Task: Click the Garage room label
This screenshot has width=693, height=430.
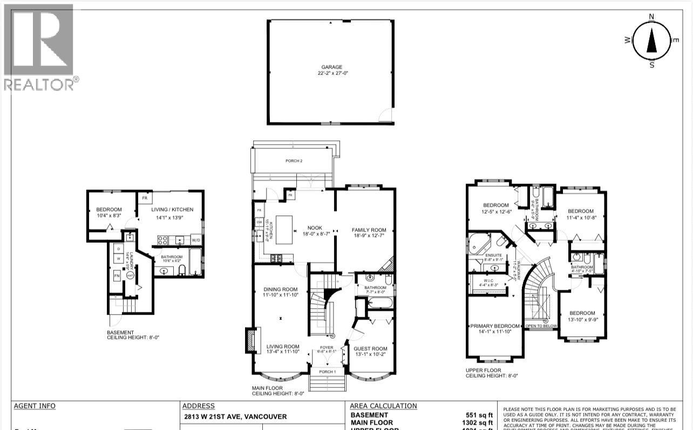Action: click(331, 67)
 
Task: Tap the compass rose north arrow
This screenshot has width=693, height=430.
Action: click(651, 40)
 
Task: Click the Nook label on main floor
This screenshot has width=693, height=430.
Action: click(315, 228)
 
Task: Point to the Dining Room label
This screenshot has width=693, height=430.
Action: click(280, 289)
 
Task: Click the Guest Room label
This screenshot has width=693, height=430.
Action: click(370, 349)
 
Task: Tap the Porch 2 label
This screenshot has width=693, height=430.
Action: click(294, 161)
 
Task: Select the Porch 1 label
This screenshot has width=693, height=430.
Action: click(327, 371)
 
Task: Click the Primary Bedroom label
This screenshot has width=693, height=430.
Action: click(495, 326)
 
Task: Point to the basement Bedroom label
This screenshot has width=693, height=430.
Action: click(109, 210)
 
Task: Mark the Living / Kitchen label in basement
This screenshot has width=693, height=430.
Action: click(172, 210)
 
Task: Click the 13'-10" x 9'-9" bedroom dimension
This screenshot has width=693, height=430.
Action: click(582, 320)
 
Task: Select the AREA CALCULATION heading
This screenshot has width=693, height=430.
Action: click(383, 406)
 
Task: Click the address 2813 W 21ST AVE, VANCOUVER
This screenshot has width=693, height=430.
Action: click(234, 417)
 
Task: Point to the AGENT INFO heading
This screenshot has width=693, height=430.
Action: click(35, 406)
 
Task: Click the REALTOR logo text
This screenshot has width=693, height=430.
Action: click(39, 84)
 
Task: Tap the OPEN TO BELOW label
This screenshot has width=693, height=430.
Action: click(541, 326)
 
